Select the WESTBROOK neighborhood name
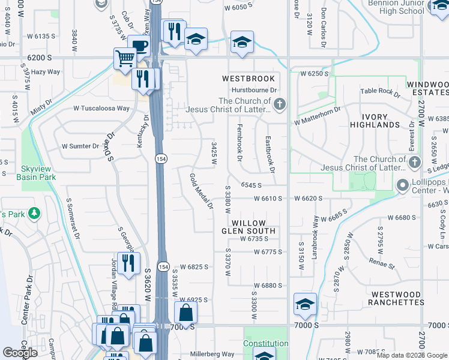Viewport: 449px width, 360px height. [x=249, y=79]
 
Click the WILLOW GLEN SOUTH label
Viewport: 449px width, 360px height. [x=249, y=227]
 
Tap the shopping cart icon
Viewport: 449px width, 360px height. [x=124, y=59]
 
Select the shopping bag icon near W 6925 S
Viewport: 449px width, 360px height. [x=185, y=311]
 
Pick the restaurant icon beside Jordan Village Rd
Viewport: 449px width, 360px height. [x=128, y=263]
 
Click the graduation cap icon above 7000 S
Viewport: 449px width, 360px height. [x=305, y=304]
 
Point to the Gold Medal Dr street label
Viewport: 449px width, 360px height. [x=202, y=191]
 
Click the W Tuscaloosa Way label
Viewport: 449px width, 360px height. [x=101, y=109]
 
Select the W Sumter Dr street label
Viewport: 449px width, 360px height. [x=80, y=146]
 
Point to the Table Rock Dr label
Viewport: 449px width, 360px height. [x=380, y=92]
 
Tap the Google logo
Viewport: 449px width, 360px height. [x=20, y=353]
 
